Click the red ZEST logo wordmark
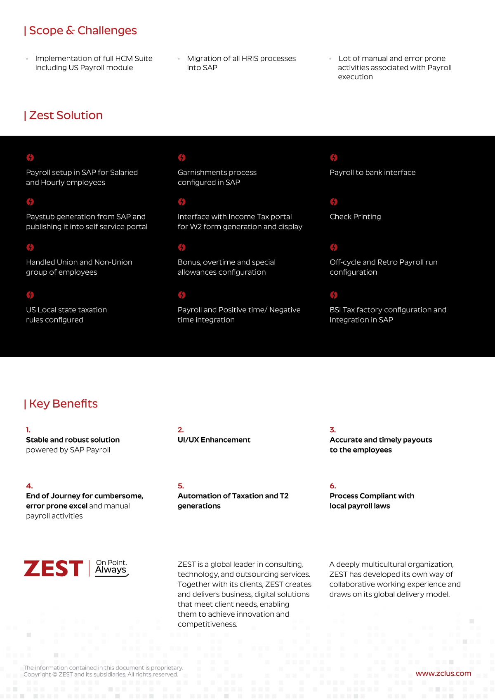point(54,569)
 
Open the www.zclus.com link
point(443,674)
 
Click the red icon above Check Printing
point(334,202)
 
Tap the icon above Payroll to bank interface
point(334,158)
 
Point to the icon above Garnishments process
point(181,158)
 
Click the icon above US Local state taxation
point(30,295)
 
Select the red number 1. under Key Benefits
point(28,430)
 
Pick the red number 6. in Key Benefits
point(332,486)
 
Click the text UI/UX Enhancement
point(214,440)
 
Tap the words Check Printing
point(355,217)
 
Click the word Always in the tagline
point(111,570)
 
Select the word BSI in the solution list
point(335,310)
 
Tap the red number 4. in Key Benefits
point(29,486)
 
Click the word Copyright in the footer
point(37,675)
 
